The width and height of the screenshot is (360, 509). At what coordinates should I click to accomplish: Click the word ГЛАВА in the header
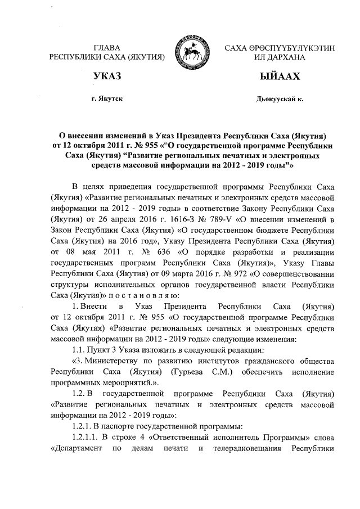(x=106, y=47)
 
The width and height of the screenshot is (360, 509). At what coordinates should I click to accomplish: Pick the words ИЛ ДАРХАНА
(x=280, y=57)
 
